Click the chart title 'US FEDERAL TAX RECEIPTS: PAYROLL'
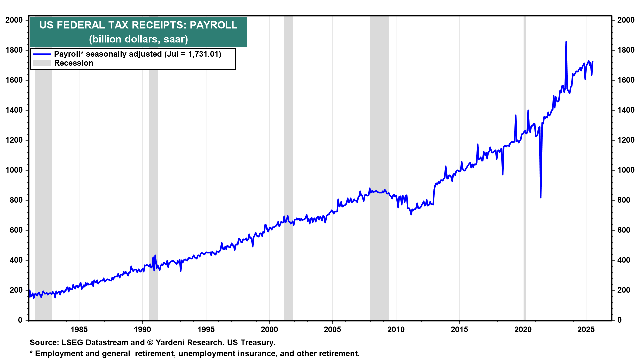point(138,25)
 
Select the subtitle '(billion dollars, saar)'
point(138,39)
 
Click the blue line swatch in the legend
point(42,54)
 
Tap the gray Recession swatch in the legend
point(42,63)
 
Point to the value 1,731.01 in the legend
point(203,54)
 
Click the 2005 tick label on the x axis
point(332,330)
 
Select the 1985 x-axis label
point(79,330)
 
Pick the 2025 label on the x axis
point(586,330)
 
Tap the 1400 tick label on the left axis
point(14,110)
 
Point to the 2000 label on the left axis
point(14,20)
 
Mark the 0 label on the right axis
point(619,320)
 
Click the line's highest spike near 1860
point(566,42)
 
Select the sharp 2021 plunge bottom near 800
point(540,197)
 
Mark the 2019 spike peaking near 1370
point(515,116)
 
